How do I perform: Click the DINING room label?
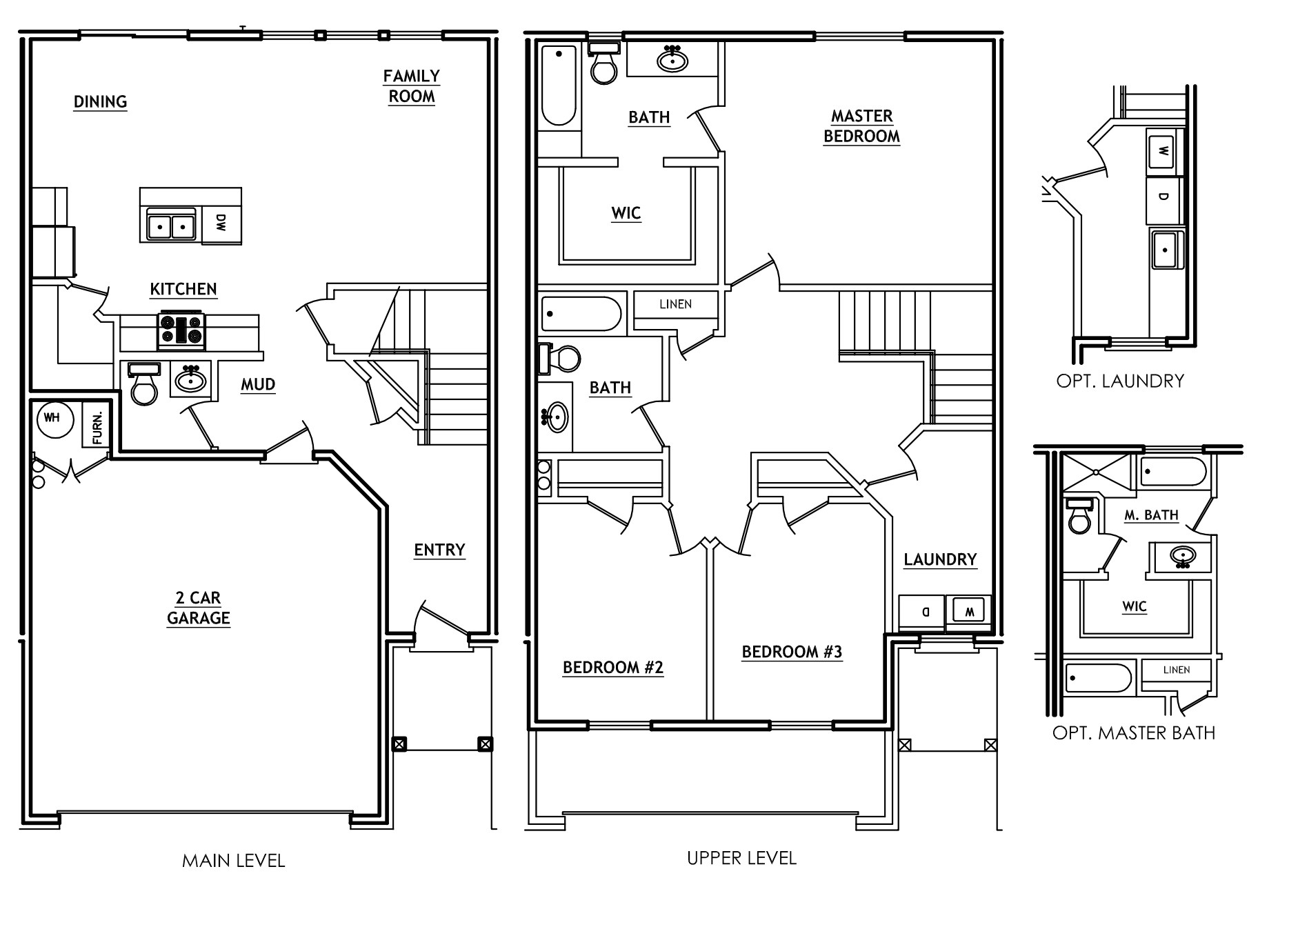coord(101,102)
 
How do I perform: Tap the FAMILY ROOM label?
coord(412,86)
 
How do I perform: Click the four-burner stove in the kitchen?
coord(182,330)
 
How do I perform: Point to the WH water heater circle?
coord(55,419)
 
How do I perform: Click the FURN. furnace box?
coord(96,427)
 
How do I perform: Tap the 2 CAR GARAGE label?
coord(198,608)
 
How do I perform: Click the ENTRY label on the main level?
coord(439,550)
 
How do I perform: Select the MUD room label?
coord(258,384)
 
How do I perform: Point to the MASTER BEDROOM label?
coord(861,126)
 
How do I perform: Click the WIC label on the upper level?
coord(626,213)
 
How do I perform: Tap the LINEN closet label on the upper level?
coord(675,304)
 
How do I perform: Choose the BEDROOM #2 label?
coord(613,667)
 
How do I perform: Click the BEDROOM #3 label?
coord(792,652)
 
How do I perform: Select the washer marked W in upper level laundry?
coord(968,610)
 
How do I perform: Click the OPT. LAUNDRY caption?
coord(1120,381)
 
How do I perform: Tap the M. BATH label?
coord(1151,515)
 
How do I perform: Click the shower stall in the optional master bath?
coord(1096,472)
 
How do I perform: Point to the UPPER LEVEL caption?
coord(741,858)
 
